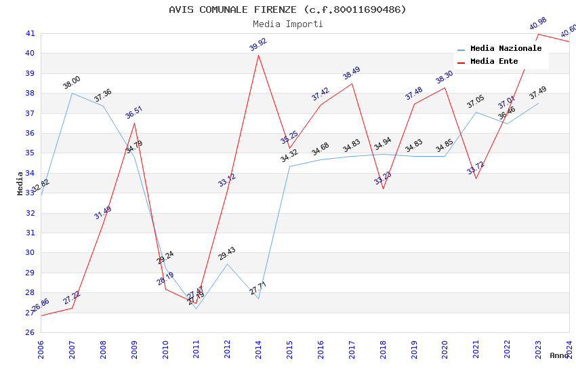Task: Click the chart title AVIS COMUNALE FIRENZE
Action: coord(287,9)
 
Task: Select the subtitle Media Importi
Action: coord(287,24)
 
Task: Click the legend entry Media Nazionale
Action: coord(506,49)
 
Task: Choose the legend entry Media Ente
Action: coord(494,62)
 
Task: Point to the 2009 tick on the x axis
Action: coord(135,349)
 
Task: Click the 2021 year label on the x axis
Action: coord(476,349)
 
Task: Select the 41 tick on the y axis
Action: coord(30,33)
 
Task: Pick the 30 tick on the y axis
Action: coord(30,253)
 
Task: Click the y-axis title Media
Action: coord(20,183)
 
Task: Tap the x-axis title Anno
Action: coord(559,355)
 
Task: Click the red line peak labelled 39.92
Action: coord(258,55)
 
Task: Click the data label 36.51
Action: coord(134,113)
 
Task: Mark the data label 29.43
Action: coord(227,254)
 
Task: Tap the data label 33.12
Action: coord(227,180)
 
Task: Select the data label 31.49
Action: coord(103,212)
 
